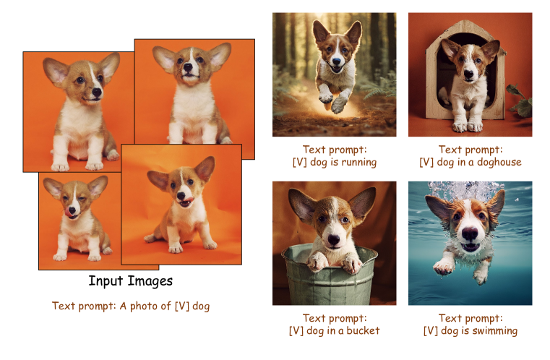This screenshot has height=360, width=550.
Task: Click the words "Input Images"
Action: click(131, 281)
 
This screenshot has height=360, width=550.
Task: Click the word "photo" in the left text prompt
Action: click(144, 307)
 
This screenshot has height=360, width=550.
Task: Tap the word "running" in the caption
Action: click(358, 163)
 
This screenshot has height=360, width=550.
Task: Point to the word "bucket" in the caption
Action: click(363, 330)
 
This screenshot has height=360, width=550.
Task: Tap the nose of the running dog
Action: click(336, 61)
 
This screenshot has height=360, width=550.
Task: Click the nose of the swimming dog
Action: click(470, 233)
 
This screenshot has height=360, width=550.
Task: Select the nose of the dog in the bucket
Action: click(334, 240)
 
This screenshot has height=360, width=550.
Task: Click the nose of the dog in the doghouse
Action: click(468, 74)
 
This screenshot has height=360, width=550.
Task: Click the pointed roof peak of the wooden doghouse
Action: click(460, 22)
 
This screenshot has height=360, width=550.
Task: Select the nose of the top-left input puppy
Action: click(97, 93)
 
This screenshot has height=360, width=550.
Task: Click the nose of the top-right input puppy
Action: click(189, 67)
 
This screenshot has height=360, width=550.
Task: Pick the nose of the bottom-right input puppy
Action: click(181, 196)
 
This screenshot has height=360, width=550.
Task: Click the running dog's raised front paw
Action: click(325, 97)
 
